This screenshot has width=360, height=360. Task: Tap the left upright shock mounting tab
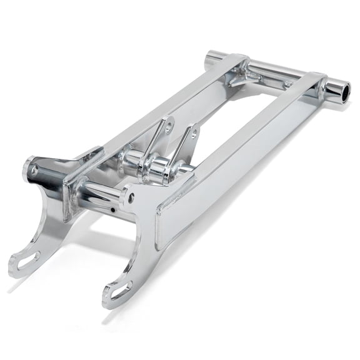[x=161, y=134]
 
